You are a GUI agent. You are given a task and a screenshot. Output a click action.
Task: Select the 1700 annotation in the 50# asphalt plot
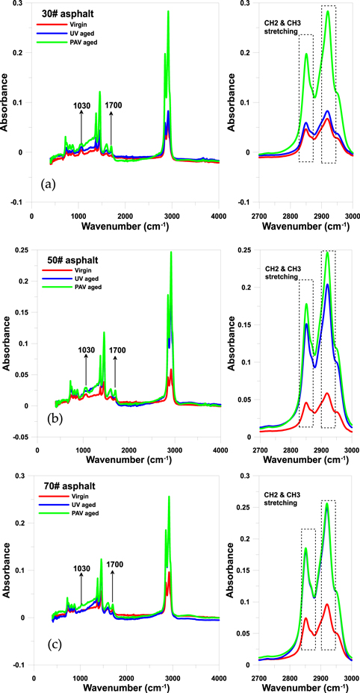click(118, 349)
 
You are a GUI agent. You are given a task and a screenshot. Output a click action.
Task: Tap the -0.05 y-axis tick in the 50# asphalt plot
click(20, 438)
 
